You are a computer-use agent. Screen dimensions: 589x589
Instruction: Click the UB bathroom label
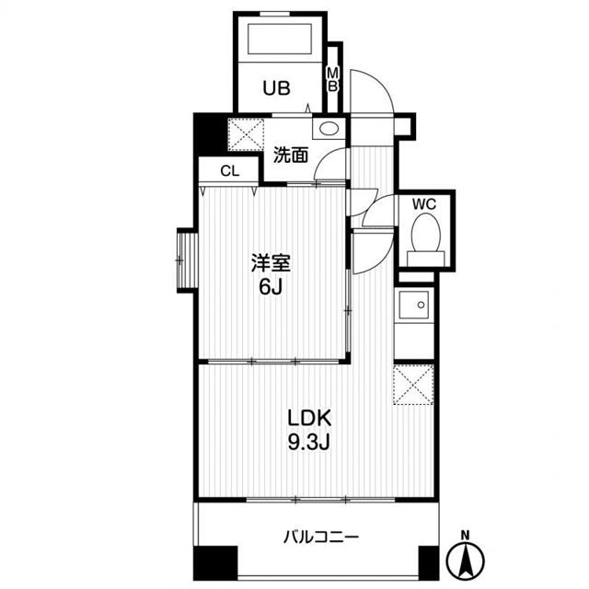click(x=276, y=88)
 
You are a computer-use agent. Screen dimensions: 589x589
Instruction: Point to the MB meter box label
click(x=333, y=79)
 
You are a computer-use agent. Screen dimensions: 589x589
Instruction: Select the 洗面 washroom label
click(x=290, y=155)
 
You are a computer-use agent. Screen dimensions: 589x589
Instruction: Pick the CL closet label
click(x=229, y=171)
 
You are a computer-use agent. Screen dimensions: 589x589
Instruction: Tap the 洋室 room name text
click(x=271, y=262)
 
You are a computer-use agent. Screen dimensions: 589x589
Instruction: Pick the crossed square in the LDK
click(x=413, y=384)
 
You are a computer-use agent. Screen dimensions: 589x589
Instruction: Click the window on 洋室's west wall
click(x=185, y=261)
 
